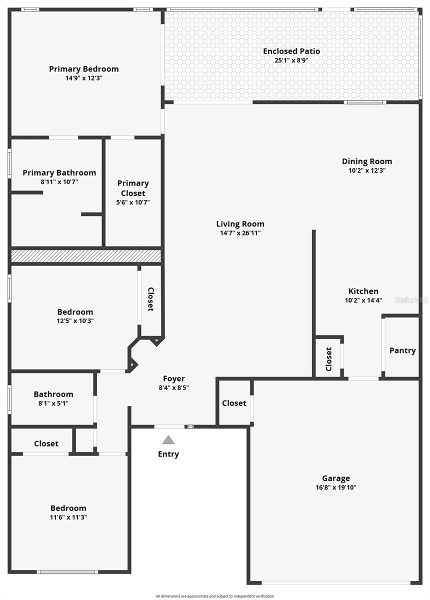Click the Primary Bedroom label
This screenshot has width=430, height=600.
(x=83, y=69)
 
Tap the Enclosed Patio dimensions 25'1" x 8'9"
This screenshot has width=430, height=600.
(x=291, y=60)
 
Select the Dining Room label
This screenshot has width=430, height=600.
(x=366, y=161)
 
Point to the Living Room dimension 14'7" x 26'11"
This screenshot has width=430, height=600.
(x=240, y=233)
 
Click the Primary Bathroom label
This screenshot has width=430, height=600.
(x=59, y=173)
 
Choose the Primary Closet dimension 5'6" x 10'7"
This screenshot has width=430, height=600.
(x=132, y=202)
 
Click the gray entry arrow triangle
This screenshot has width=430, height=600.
(x=168, y=440)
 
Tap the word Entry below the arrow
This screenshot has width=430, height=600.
(x=168, y=454)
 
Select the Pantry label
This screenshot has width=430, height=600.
(x=402, y=350)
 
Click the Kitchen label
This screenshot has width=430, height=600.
(x=363, y=291)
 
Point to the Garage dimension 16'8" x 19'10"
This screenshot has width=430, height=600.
(x=335, y=487)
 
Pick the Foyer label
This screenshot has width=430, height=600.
(x=173, y=379)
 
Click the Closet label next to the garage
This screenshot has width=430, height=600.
(x=234, y=403)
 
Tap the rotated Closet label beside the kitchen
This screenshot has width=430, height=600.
(x=329, y=359)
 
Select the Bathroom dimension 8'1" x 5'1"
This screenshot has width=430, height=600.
(x=53, y=403)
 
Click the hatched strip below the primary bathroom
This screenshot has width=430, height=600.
(x=86, y=256)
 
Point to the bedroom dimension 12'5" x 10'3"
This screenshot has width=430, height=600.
(x=74, y=321)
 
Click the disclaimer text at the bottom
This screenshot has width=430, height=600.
(x=214, y=596)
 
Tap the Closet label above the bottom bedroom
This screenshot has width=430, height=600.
(x=46, y=443)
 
